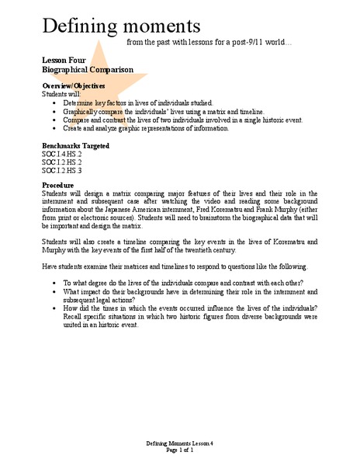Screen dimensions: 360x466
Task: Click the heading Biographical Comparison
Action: click(x=82, y=68)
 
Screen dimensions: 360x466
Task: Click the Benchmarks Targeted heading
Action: click(x=75, y=146)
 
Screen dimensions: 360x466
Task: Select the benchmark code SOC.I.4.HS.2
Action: click(x=62, y=154)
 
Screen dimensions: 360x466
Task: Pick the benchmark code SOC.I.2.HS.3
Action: click(x=62, y=170)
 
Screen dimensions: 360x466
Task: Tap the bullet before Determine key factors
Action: click(x=51, y=103)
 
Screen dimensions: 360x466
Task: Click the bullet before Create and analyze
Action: click(x=51, y=128)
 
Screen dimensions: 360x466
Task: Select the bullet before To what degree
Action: click(x=51, y=282)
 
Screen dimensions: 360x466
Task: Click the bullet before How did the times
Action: click(x=51, y=308)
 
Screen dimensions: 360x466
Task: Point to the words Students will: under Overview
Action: click(x=59, y=93)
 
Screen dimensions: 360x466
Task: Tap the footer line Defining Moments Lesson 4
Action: click(x=180, y=443)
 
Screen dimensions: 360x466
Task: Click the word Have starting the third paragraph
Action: click(x=50, y=266)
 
